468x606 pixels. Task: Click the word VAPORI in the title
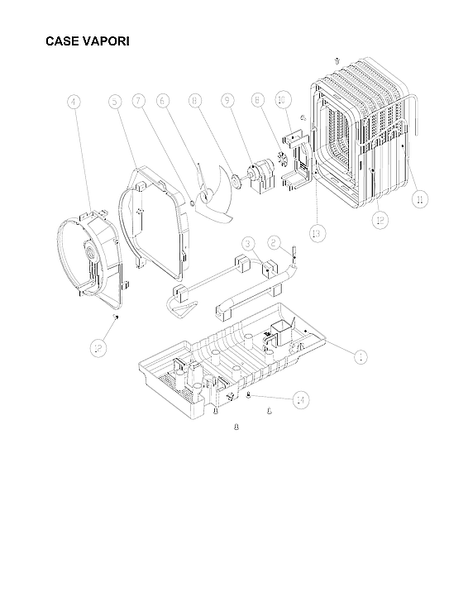point(107,41)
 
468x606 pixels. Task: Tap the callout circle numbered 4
point(74,103)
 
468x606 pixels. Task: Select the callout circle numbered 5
point(116,102)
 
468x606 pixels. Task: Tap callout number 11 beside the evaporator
point(421,198)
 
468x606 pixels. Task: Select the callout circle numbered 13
point(317,233)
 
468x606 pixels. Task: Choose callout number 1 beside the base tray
point(360,356)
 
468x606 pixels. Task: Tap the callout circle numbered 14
point(301,399)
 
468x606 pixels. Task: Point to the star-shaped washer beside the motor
point(282,160)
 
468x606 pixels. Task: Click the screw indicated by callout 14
point(249,397)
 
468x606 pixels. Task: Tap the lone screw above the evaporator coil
point(337,60)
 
